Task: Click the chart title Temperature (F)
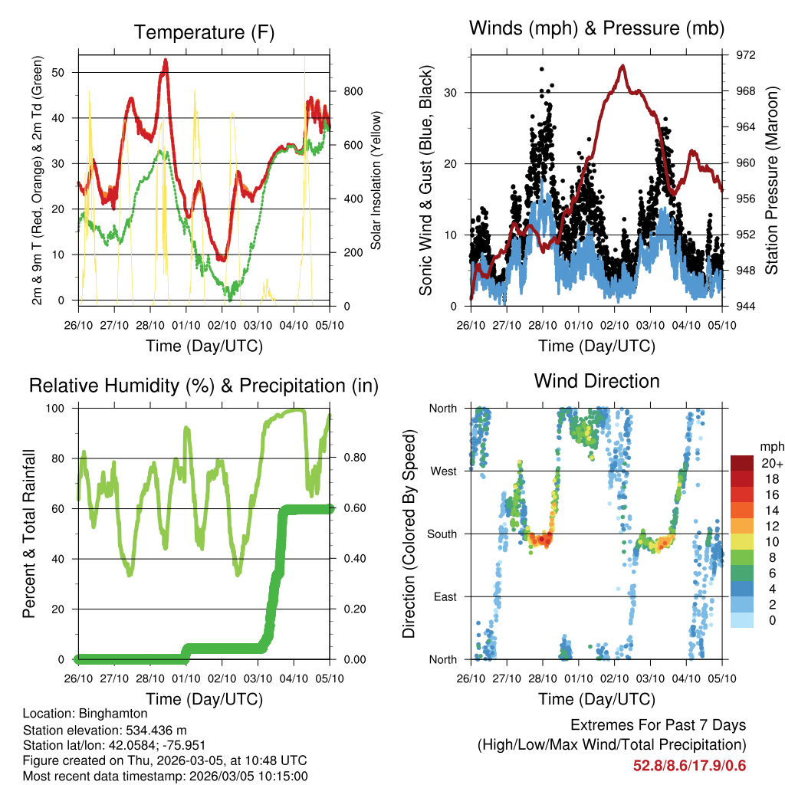pyautogui.click(x=204, y=32)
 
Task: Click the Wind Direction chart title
pyautogui.click(x=596, y=380)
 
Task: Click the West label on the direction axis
pyautogui.click(x=442, y=471)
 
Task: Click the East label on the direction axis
pyautogui.click(x=444, y=596)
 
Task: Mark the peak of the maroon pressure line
pyautogui.click(x=622, y=66)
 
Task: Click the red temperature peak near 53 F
pyautogui.click(x=165, y=61)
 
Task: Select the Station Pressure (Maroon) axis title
pyautogui.click(x=772, y=180)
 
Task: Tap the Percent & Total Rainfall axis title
pyautogui.click(x=30, y=534)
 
